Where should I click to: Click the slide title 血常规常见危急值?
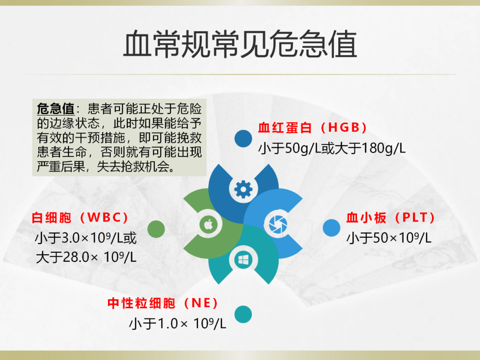240,44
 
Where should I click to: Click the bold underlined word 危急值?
56,109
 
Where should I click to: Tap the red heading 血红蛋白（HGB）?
312,128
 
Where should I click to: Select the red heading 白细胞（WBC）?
80,218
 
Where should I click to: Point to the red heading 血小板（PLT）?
391,218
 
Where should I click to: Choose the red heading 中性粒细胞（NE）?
163,303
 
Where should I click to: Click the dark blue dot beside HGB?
243,139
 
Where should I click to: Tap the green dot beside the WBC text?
156,229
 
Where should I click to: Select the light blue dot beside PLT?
331,228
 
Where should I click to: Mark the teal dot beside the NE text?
243,314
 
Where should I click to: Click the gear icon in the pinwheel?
244,189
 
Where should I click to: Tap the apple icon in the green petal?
208,224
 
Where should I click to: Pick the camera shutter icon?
278,224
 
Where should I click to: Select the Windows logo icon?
244,260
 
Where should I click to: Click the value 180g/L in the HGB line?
384,148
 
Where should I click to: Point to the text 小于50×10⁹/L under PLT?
389,238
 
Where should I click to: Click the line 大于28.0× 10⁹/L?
86,257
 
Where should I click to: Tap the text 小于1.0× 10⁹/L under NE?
177,323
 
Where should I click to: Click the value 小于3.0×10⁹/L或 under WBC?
86,238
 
